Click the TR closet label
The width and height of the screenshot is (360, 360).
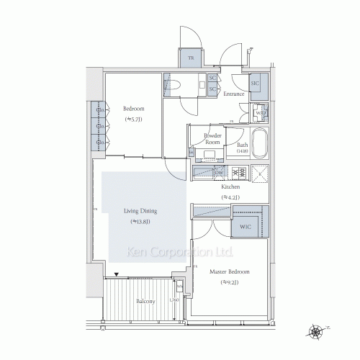point(192,58)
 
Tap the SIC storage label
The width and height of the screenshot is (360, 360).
point(255,84)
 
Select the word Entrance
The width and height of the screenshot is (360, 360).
point(235,94)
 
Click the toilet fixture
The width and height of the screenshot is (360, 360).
point(176,84)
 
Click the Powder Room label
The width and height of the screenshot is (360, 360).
point(212,139)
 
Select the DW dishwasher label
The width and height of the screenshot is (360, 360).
point(218,173)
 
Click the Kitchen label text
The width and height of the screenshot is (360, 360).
point(230,186)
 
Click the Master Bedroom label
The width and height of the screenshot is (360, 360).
point(229,272)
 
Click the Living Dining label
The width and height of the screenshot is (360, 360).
point(141,211)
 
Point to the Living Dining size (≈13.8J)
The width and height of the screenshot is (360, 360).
point(141,222)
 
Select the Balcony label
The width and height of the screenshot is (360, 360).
point(145,301)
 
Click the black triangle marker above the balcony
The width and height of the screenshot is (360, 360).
point(115,275)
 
